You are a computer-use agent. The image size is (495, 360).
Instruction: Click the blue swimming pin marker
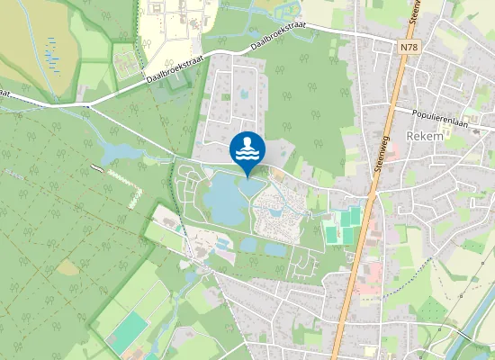point(247,148)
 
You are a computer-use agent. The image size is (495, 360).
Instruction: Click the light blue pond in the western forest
point(113,152)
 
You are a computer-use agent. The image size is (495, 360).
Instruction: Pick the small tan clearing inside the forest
point(68,267)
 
